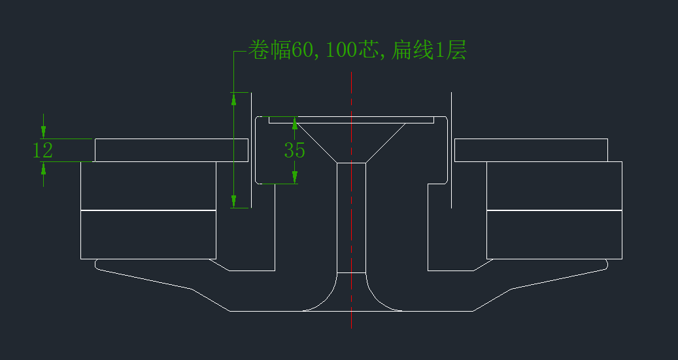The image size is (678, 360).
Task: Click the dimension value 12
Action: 42,150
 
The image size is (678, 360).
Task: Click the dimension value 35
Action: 295,150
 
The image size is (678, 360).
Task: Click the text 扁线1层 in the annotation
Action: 428,50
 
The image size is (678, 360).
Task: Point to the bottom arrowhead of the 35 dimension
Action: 295,176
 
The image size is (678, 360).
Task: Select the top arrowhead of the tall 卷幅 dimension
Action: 234,99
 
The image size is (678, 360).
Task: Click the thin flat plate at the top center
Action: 352,120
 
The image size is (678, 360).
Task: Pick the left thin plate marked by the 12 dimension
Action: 171,150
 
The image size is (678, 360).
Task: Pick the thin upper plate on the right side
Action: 530,150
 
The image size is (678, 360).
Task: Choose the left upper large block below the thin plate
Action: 148,186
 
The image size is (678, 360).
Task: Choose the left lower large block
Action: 148,234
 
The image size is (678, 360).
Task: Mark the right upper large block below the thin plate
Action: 554,186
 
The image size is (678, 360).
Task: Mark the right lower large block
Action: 554,234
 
